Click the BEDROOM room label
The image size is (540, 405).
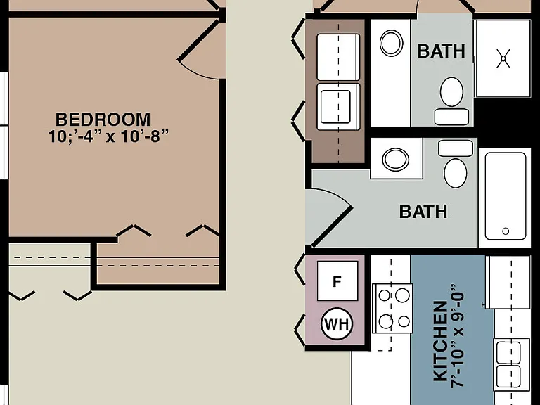coord(103,120)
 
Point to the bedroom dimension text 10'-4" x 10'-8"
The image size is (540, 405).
coord(108,136)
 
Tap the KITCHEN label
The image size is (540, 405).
coord(440,341)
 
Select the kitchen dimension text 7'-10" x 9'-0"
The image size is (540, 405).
coord(457,337)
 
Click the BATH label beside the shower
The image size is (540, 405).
coord(441,51)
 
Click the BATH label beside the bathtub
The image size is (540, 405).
coord(423,212)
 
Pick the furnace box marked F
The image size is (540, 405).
coord(337,281)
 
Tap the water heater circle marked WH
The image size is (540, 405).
coord(337,324)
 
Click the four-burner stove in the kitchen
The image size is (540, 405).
coord(392,309)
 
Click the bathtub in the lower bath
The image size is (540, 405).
coord(506,196)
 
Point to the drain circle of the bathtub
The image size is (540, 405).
coord(506,231)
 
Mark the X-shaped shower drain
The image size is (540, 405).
coord(503,58)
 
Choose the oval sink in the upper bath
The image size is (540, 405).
coord(391,43)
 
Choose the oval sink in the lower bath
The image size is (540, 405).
coord(396,160)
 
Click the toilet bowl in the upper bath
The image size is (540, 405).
coord(451,92)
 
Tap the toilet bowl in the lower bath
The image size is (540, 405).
coord(456,173)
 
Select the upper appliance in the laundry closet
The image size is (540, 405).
coord(338,57)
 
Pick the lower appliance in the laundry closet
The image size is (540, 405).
coord(338,107)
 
